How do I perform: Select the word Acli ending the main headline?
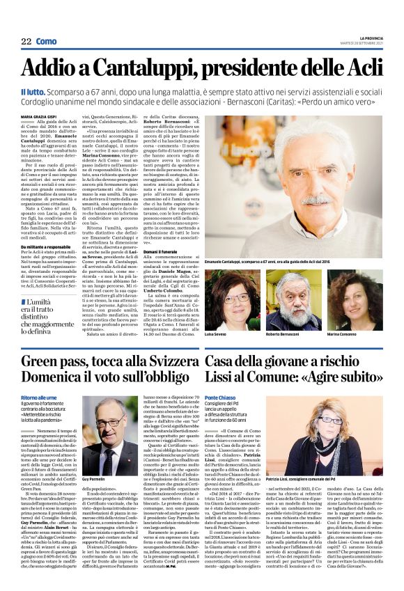(362, 68)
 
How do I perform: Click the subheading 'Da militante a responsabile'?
(47, 246)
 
